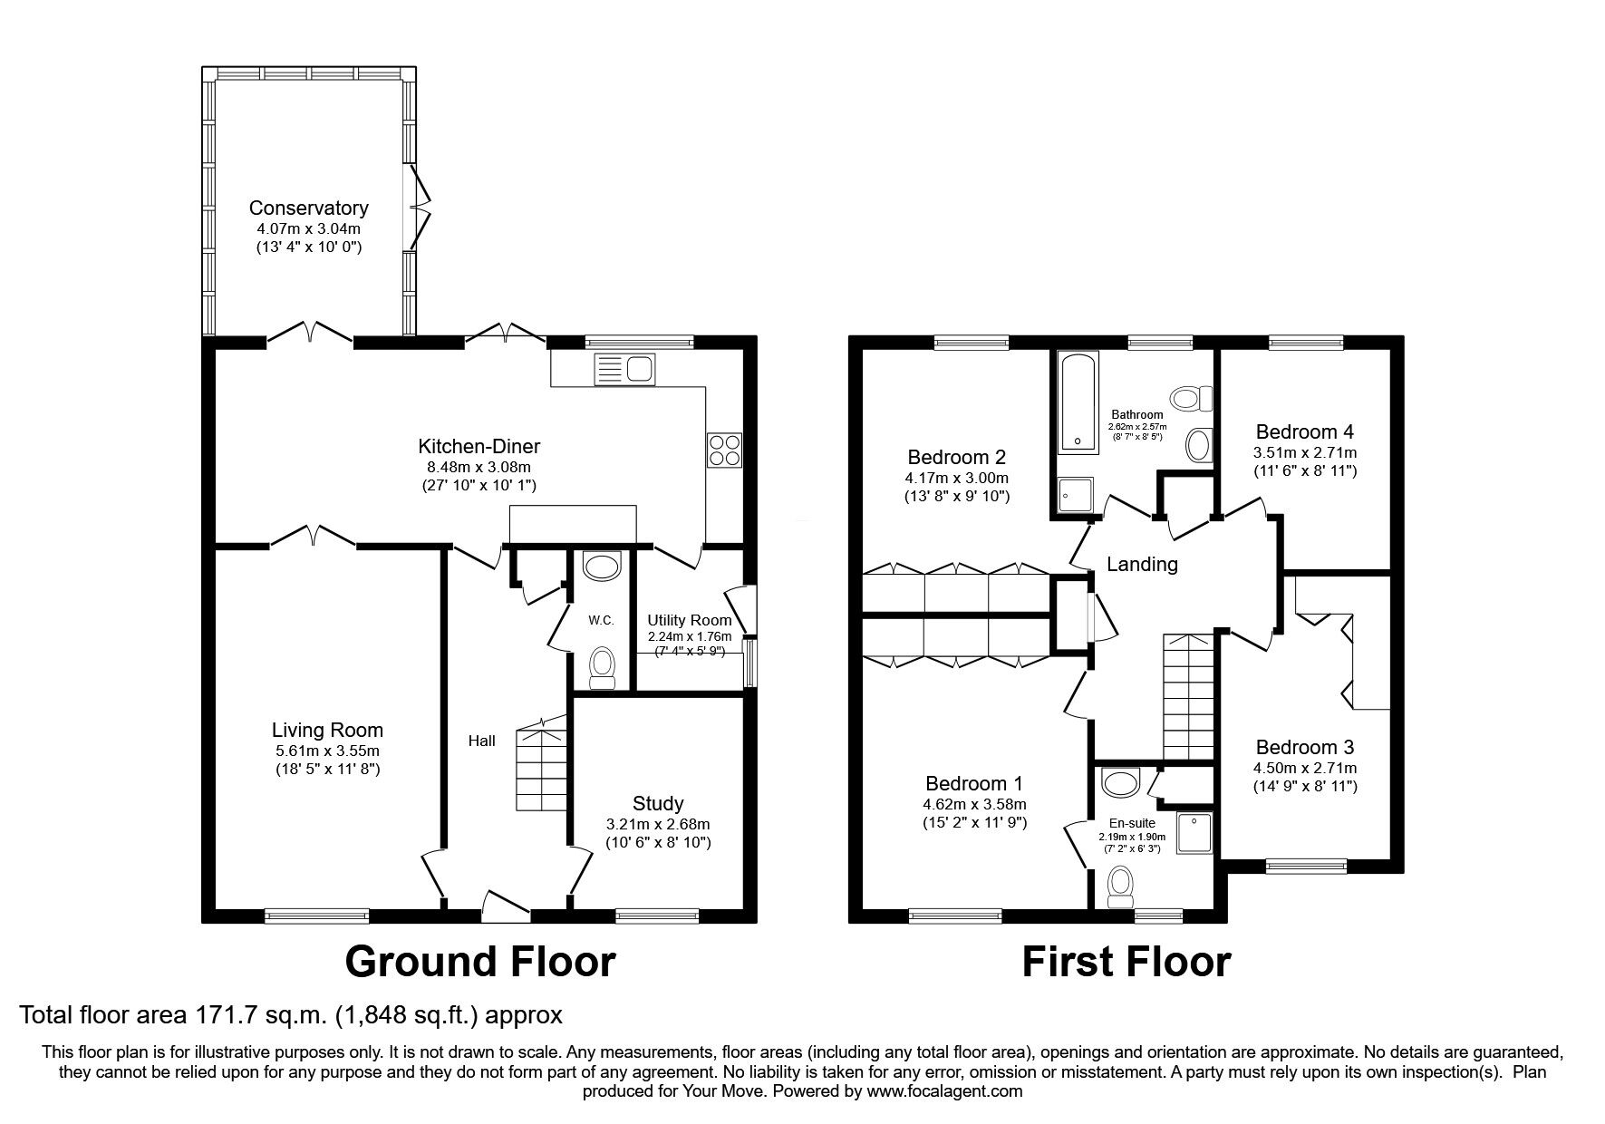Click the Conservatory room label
coord(309,208)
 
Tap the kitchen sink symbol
coord(624,369)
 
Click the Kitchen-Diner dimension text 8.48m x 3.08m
coord(479,467)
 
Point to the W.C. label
coord(601,620)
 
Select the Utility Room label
coord(689,621)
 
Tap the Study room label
coord(658,804)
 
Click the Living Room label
coord(327,731)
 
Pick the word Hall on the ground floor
coord(481,741)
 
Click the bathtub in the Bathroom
coord(1078,403)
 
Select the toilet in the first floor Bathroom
coord(1191,397)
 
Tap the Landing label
coord(1142,565)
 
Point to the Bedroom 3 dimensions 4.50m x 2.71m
coord(1305,769)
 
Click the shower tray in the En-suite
coord(1194,833)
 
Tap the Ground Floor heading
coord(480,962)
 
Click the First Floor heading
coord(1126,962)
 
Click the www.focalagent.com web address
coord(945,1091)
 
